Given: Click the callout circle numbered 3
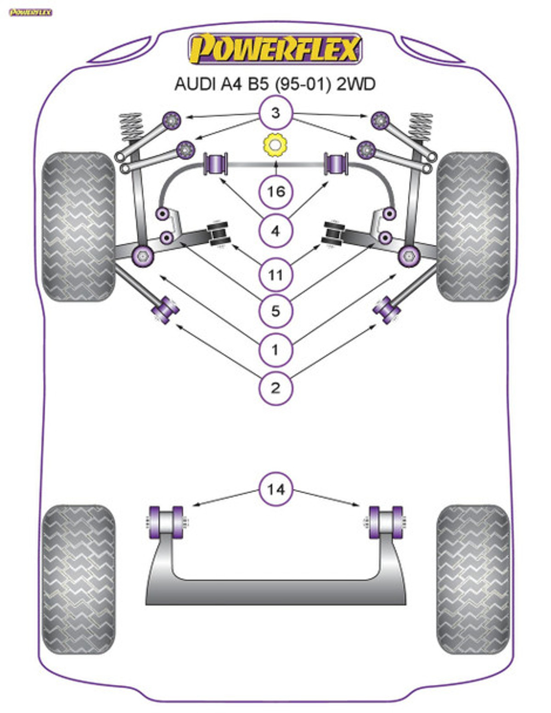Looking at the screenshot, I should (x=275, y=113).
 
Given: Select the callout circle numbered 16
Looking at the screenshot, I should (x=275, y=191).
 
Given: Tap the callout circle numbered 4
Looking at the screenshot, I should (x=275, y=231).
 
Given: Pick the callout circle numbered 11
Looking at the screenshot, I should (x=275, y=275).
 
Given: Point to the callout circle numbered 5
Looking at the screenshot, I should (x=275, y=311).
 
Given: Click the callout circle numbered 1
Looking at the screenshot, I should (x=275, y=350).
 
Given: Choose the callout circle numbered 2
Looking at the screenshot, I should (x=275, y=388).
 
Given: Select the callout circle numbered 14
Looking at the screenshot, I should (x=275, y=490).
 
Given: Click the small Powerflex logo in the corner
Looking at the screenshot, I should (x=31, y=12).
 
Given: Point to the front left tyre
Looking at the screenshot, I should (x=78, y=227).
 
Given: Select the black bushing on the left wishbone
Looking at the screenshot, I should (x=219, y=234).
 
